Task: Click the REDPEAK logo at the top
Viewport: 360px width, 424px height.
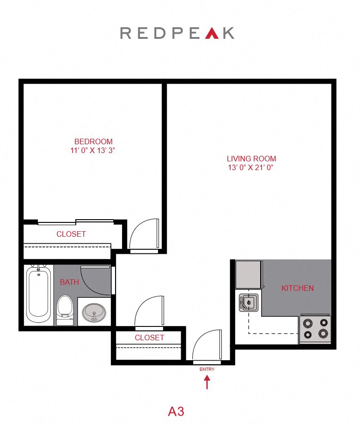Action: (x=177, y=33)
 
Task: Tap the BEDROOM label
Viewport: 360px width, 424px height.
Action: (x=93, y=141)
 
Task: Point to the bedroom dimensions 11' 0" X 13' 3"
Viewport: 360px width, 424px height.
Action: (x=93, y=150)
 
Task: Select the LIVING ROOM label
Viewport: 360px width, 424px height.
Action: (x=251, y=159)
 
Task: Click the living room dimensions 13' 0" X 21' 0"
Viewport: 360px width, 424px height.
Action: (x=251, y=167)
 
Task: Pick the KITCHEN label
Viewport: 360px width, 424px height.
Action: (x=298, y=288)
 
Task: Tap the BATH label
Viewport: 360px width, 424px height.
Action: (x=69, y=282)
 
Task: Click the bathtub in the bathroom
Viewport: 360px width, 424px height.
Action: (x=38, y=294)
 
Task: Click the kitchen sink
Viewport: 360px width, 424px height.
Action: (x=248, y=303)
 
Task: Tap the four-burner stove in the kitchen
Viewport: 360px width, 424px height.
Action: (x=315, y=328)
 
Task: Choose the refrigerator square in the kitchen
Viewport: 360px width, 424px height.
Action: (x=249, y=275)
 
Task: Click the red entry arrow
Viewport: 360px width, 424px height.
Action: (x=207, y=382)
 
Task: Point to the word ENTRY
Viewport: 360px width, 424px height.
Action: (x=207, y=369)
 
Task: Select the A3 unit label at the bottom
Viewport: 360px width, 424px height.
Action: (x=176, y=411)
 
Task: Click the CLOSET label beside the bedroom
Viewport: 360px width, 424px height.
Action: (x=71, y=234)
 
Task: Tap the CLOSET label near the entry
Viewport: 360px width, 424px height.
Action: (x=149, y=338)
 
